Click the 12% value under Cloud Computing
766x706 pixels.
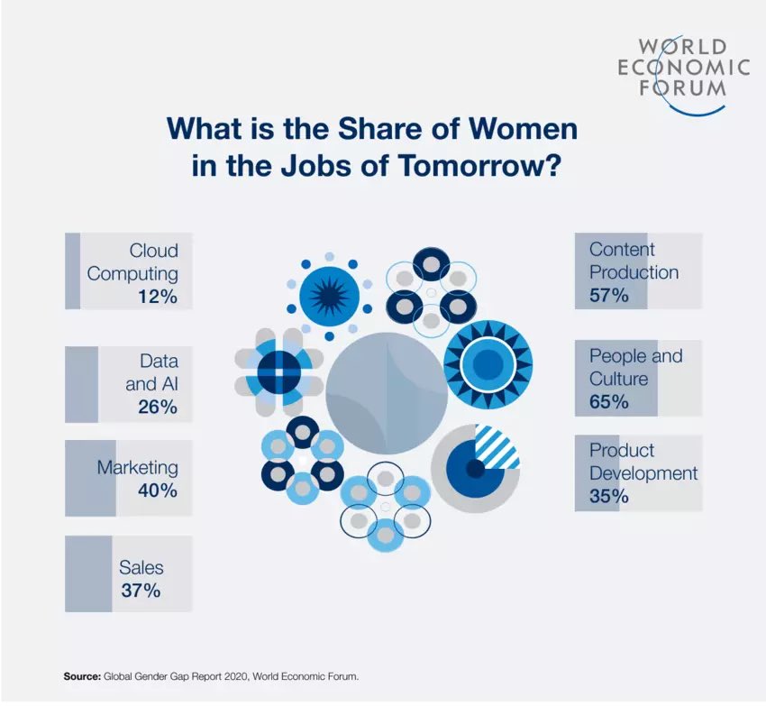[158, 297]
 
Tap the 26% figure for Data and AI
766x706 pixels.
[158, 407]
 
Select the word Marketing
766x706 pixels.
[138, 468]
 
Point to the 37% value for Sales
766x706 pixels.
[141, 591]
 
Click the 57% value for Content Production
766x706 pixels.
[609, 295]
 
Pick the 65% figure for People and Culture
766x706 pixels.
[609, 402]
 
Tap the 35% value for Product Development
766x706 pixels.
[609, 496]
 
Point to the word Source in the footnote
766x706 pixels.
[81, 674]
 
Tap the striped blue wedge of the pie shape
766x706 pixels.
[498, 446]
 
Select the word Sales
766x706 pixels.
[141, 567]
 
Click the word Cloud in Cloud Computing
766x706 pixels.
[153, 250]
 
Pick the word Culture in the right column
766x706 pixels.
[619, 379]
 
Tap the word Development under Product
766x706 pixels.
[643, 472]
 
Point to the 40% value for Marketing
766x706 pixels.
[158, 491]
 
